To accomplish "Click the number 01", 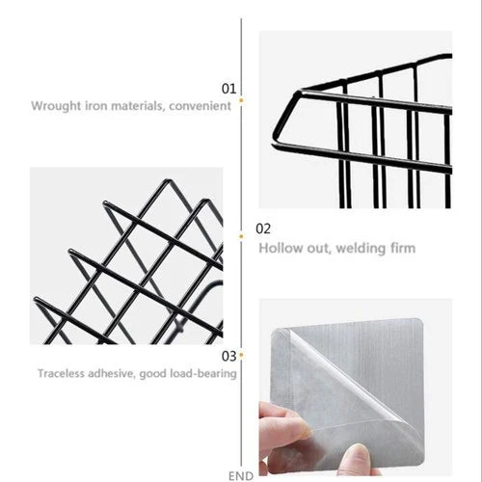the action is (228, 89).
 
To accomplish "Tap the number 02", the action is (263, 228).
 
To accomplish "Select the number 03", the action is (228, 356).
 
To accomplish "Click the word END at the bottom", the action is (241, 476).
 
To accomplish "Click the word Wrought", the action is (56, 106).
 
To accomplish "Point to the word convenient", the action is (200, 106).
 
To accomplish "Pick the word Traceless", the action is (61, 373).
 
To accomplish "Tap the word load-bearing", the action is (203, 374).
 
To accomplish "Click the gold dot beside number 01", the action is (241, 100).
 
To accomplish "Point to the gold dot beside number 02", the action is (241, 237).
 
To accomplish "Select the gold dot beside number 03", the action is (241, 355).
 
